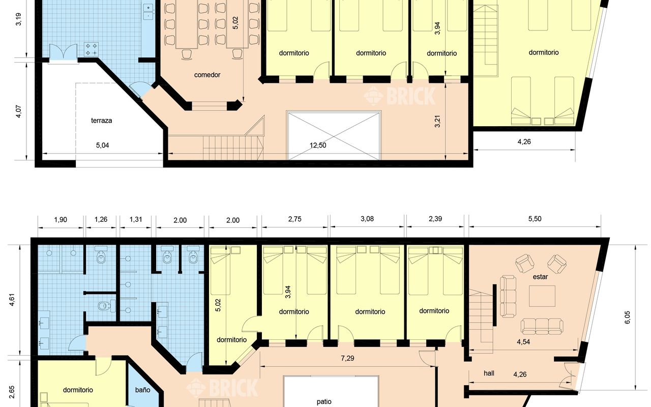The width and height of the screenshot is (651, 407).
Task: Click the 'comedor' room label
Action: (207, 75)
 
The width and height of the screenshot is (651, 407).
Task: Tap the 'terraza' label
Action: (101, 121)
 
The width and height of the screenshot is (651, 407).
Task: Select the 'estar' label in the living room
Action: (540, 277)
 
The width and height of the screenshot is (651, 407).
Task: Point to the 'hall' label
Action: (489, 373)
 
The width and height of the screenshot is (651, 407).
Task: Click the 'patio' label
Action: (324, 401)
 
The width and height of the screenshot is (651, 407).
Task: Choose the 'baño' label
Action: (143, 390)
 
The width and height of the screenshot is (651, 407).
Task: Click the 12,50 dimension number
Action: (318, 145)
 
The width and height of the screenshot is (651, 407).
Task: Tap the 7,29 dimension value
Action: (347, 358)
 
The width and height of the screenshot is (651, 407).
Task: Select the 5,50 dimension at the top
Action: (535, 219)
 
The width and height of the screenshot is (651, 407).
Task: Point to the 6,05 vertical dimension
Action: (627, 317)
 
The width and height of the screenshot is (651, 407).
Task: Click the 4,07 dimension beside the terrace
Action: (18, 111)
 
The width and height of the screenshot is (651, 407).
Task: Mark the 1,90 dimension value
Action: (61, 219)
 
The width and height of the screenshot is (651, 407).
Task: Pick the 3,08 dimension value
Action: (367, 219)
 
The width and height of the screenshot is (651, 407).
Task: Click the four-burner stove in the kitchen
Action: (91, 49)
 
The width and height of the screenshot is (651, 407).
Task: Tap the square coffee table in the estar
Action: (542, 296)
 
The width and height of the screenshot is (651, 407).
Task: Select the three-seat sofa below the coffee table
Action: (542, 326)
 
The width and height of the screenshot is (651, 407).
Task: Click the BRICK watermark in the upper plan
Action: (400, 96)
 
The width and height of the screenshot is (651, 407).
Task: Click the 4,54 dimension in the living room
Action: (523, 342)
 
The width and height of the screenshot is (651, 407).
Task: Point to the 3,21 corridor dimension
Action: (437, 121)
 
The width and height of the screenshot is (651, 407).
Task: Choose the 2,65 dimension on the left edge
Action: (12, 392)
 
